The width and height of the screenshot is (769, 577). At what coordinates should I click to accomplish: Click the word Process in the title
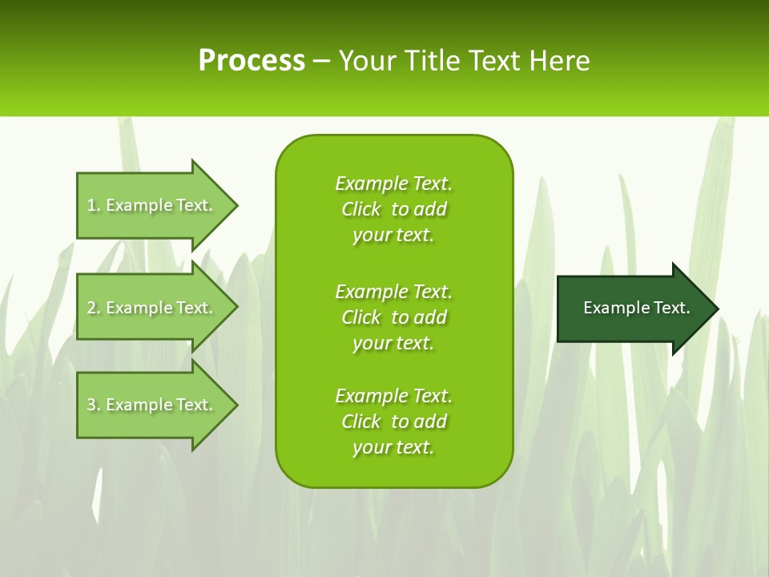(252, 61)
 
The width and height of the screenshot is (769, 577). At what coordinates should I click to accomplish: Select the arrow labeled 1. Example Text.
(152, 205)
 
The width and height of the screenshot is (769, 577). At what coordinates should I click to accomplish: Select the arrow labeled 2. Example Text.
(152, 308)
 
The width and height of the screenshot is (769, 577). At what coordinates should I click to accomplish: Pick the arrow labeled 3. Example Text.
(152, 405)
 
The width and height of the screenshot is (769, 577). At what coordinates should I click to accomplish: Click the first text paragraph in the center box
(393, 209)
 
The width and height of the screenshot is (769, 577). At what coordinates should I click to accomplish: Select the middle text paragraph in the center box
(393, 317)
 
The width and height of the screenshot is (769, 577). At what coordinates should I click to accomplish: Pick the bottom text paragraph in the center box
(393, 422)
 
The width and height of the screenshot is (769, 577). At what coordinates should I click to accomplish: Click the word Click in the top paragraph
(361, 209)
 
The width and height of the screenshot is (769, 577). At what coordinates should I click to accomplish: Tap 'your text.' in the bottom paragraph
(393, 447)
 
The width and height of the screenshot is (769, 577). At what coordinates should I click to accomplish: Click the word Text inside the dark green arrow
(672, 308)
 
